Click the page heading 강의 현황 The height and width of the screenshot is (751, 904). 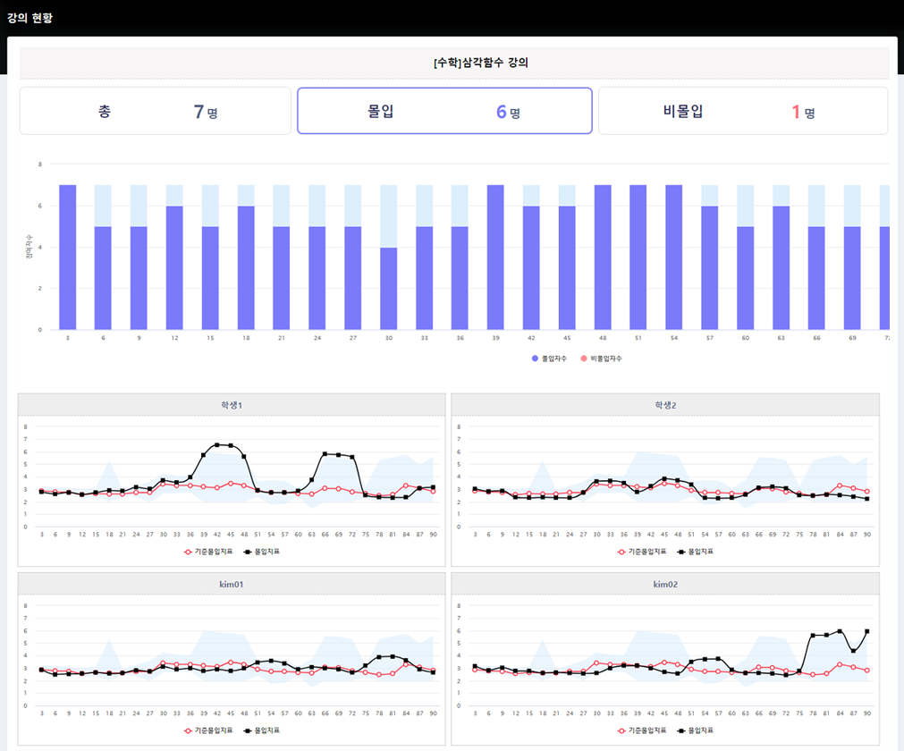click(30, 18)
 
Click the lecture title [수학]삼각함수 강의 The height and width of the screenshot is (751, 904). click(454, 63)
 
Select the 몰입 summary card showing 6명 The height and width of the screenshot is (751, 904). click(444, 111)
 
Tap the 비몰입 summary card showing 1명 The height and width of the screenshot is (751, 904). click(742, 111)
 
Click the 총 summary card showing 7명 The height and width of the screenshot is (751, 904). click(156, 111)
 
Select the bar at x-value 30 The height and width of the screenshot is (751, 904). click(389, 288)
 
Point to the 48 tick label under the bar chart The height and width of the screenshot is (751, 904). click(603, 339)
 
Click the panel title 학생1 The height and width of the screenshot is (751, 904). click(232, 405)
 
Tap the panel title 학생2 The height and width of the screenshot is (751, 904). click(665, 405)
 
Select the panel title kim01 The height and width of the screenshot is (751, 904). click(232, 584)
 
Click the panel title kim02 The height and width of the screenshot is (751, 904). click(665, 584)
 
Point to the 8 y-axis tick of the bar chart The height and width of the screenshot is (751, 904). click(40, 165)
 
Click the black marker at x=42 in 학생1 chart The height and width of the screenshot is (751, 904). click(217, 445)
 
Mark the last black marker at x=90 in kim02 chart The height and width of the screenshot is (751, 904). click(867, 631)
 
